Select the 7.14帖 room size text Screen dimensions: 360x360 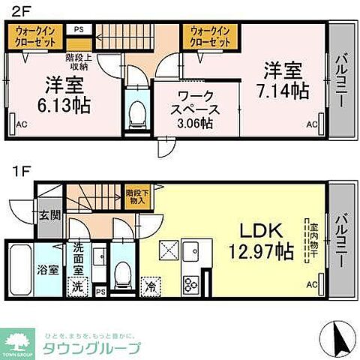(x=285, y=91)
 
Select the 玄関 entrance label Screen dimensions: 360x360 (x=46, y=214)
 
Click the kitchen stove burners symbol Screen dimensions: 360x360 (x=187, y=283)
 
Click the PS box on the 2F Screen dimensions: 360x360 (x=79, y=30)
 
